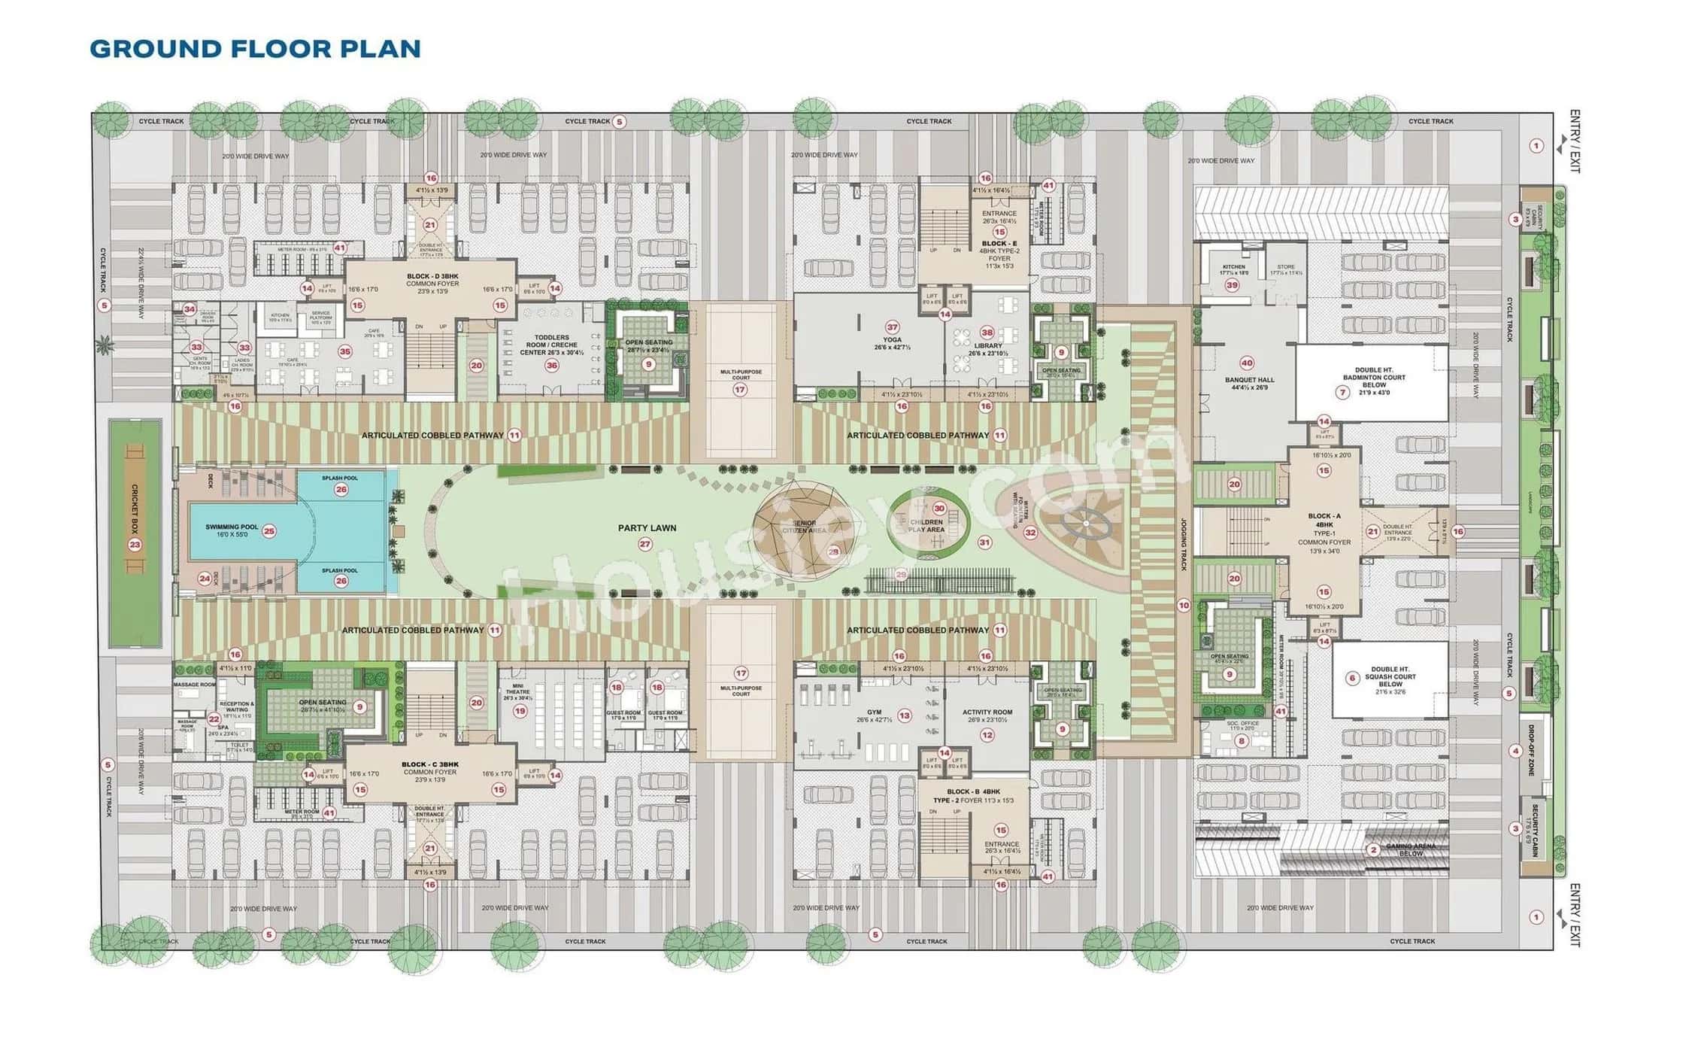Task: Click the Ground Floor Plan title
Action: [255, 49]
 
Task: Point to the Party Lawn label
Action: [647, 528]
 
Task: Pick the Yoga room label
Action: [892, 343]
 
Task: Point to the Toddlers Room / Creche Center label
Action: [551, 345]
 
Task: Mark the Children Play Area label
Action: [926, 526]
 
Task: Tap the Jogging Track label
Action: [1183, 543]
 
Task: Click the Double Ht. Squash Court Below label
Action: [1390, 680]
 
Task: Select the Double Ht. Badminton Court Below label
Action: [1373, 381]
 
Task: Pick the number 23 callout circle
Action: [135, 545]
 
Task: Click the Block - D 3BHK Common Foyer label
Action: [432, 284]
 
